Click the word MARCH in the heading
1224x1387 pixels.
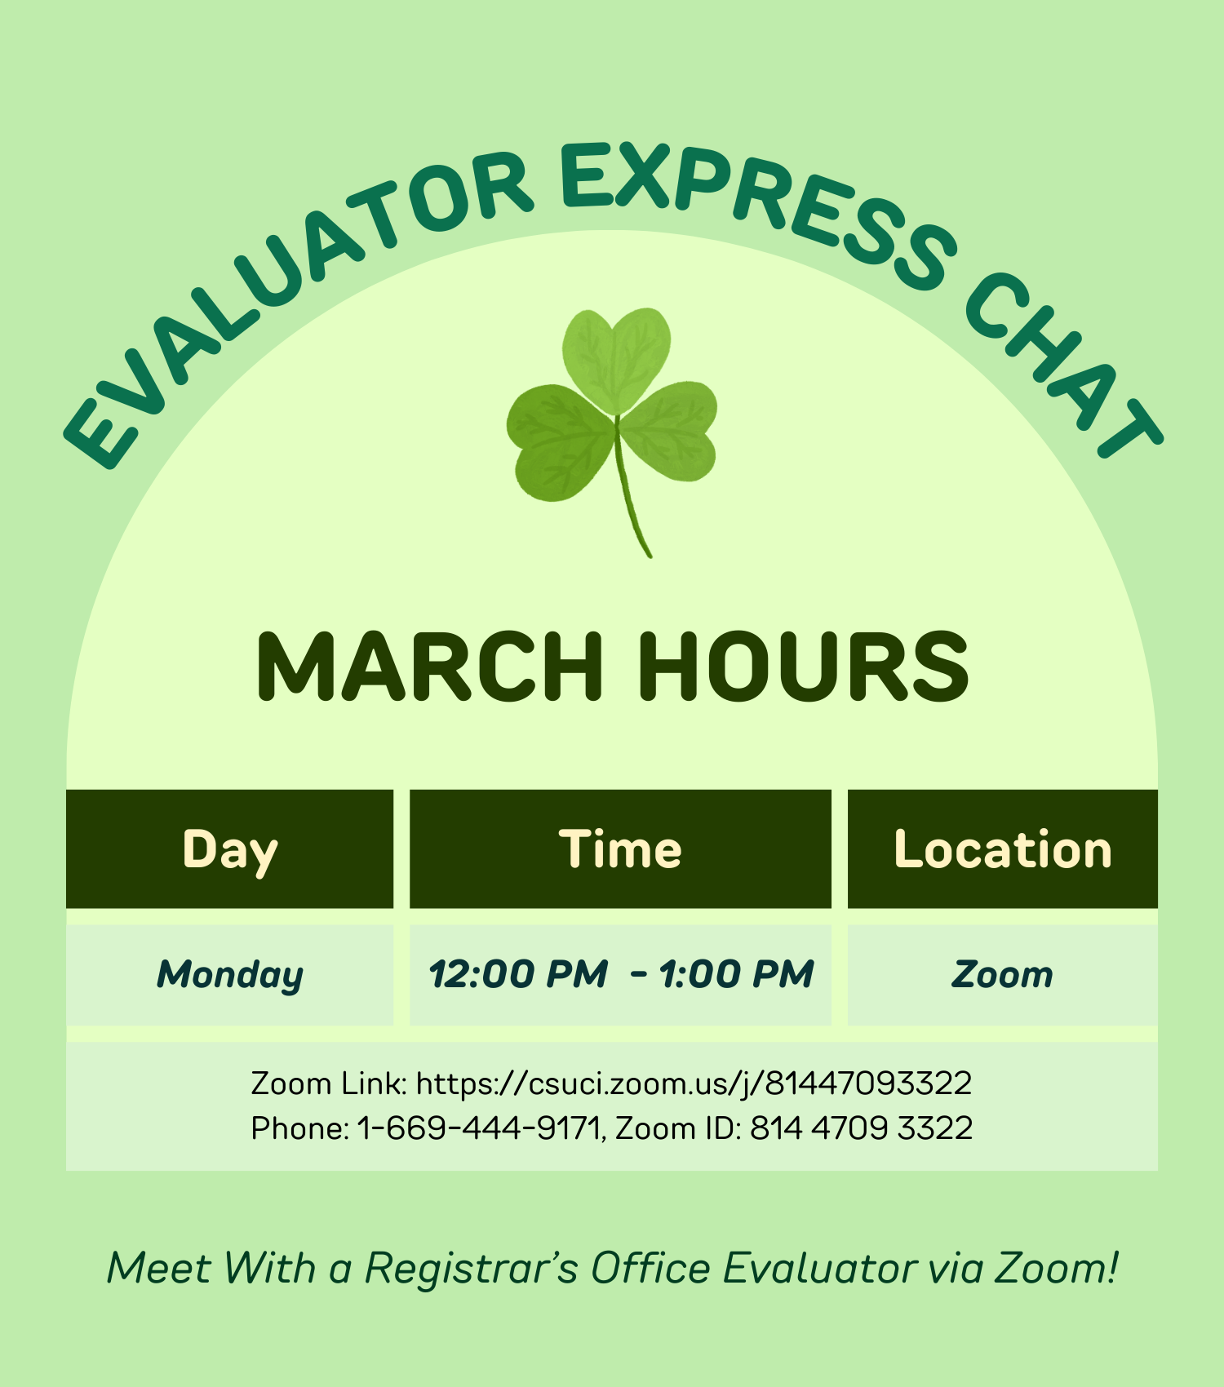click(429, 667)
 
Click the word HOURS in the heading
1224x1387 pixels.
click(803, 667)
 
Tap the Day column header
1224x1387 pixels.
click(230, 849)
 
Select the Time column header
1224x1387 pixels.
click(620, 849)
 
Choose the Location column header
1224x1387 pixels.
click(1003, 849)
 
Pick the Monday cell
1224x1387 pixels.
click(230, 974)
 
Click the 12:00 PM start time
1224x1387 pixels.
click(519, 974)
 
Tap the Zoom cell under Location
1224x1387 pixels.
click(1003, 974)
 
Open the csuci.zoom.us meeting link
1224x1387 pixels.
click(694, 1083)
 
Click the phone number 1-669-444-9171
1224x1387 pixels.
click(479, 1128)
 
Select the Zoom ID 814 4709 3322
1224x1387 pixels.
click(861, 1128)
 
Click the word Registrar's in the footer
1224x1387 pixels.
click(471, 1269)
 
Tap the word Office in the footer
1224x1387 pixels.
click(650, 1269)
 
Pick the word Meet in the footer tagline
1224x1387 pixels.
click(159, 1269)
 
